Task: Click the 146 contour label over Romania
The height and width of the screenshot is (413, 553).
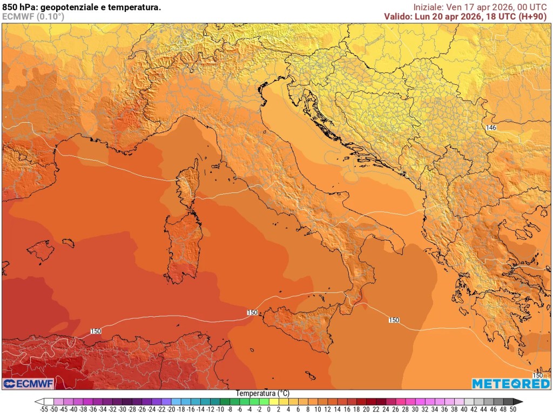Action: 491,128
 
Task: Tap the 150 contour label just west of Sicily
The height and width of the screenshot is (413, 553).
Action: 252,312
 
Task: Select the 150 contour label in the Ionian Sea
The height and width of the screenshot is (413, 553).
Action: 394,320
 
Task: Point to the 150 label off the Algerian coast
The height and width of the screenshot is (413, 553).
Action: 96,331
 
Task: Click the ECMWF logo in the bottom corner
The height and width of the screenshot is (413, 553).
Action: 28,383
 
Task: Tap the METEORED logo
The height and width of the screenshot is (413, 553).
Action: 510,383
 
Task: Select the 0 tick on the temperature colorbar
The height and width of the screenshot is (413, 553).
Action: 268,410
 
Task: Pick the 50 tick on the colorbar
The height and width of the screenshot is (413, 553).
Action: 513,410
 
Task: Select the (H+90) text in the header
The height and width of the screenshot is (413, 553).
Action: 532,17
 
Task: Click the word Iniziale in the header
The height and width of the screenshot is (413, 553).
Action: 429,7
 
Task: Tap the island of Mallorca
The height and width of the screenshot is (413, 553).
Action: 41,251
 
